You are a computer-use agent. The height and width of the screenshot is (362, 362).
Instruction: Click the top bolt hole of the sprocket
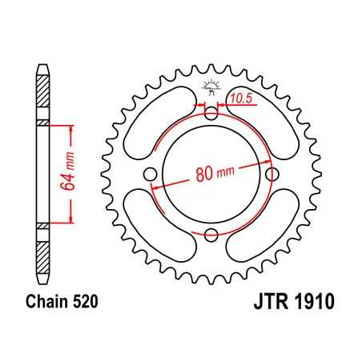[x=211, y=115]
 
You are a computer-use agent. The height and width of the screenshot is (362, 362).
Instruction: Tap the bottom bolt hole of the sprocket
[x=211, y=234]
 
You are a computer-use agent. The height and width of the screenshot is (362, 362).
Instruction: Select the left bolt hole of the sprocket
[x=151, y=175]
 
